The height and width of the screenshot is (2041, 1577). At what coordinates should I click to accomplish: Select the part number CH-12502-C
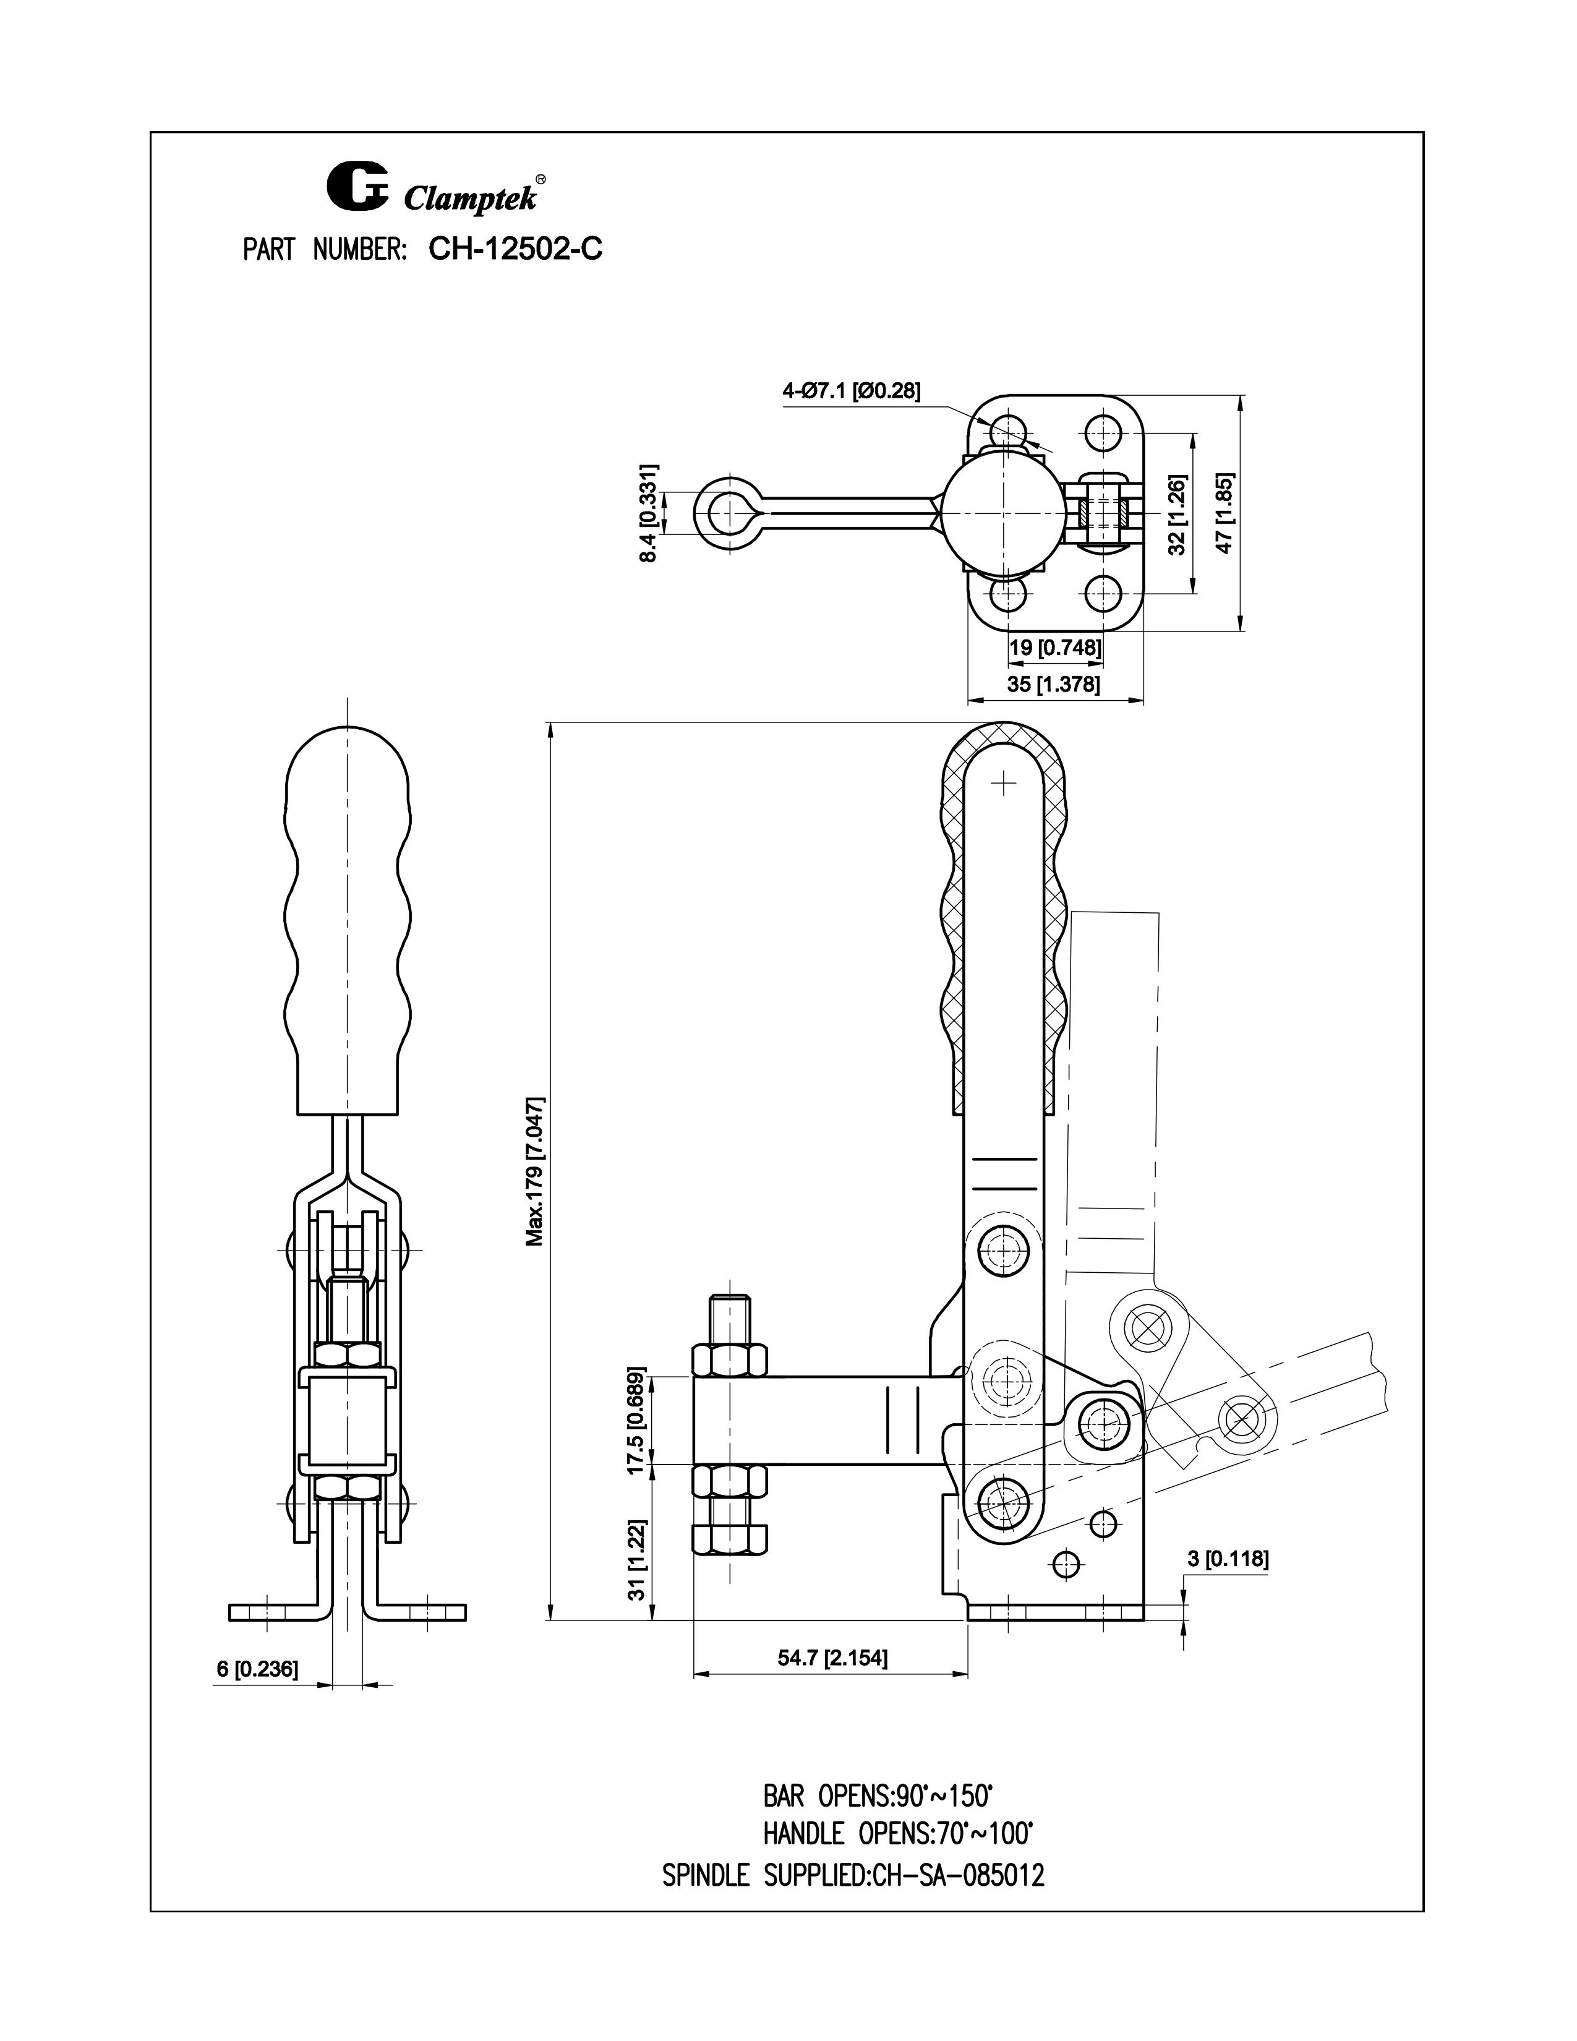tap(515, 249)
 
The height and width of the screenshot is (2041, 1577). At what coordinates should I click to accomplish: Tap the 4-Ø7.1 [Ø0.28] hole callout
tap(851, 392)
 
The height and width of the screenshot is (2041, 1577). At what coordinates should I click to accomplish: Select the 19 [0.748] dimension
tap(1055, 647)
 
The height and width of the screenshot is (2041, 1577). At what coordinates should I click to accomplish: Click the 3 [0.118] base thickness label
tap(1228, 1559)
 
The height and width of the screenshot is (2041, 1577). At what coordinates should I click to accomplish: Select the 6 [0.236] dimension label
tap(257, 1669)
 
